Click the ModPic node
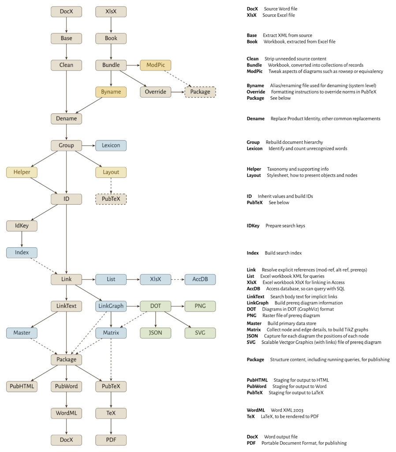pyautogui.click(x=155, y=65)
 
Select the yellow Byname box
pyautogui.click(x=111, y=92)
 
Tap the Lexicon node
pyautogui.click(x=111, y=145)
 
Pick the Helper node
pyautogui.click(x=22, y=172)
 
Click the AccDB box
pyautogui.click(x=200, y=279)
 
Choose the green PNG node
pyautogui.click(x=200, y=306)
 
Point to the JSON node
pyautogui.click(x=155, y=333)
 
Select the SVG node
pyautogui.click(x=200, y=333)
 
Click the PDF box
pyautogui.click(x=111, y=440)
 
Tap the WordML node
pyautogui.click(x=66, y=413)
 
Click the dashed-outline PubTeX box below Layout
pyautogui.click(x=111, y=199)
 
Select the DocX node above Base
pyautogui.click(x=66, y=11)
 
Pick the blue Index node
pyautogui.click(x=22, y=252)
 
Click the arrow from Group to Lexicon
pyautogui.click(x=89, y=145)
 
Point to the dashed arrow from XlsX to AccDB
pyautogui.click(x=178, y=279)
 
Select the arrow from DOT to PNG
pyautogui.click(x=178, y=306)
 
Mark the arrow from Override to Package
pyautogui.click(x=178, y=92)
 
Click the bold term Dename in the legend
pyautogui.click(x=255, y=119)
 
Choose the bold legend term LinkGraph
pyautogui.click(x=258, y=303)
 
